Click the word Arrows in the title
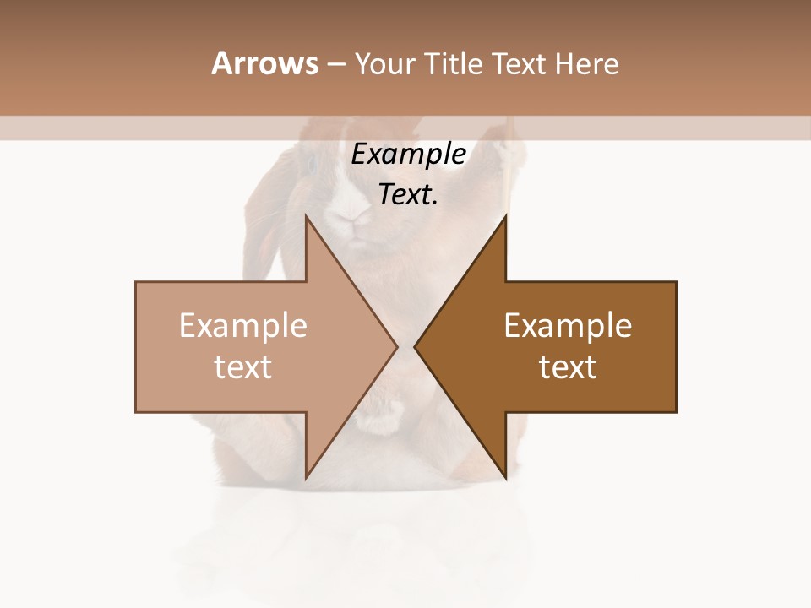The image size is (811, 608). click(265, 63)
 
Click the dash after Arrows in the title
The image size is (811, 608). click(335, 65)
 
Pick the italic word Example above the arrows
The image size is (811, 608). click(408, 155)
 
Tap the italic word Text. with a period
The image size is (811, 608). click(408, 195)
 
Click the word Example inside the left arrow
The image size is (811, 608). click(243, 326)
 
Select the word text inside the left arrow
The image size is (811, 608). click(243, 367)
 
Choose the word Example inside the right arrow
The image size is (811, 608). click(568, 326)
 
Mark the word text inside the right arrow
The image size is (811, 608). click(568, 367)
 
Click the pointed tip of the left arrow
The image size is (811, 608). click(395, 346)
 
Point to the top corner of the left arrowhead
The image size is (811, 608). click(306, 218)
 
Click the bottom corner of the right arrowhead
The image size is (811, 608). click(505, 476)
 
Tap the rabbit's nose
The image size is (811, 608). click(350, 218)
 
